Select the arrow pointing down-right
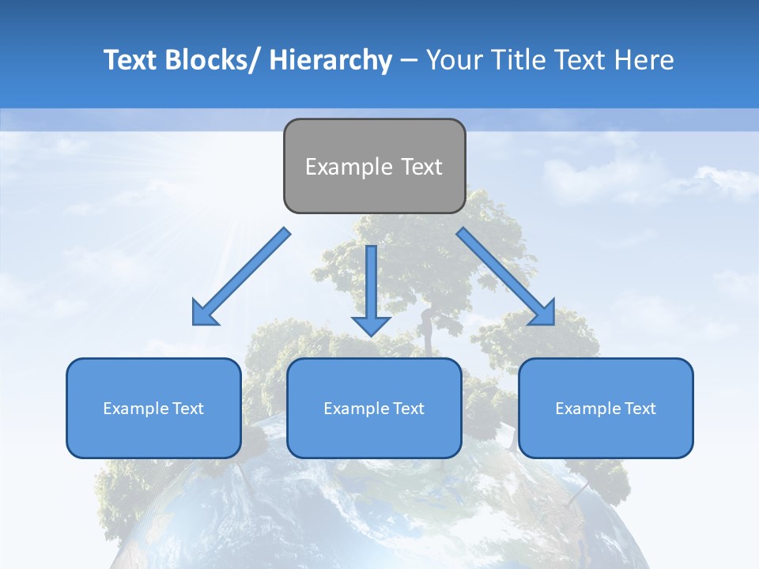[x=503, y=273]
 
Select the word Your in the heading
[x=454, y=60]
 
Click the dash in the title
[x=408, y=60]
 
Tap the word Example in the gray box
[x=348, y=167]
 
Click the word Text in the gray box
[x=421, y=167]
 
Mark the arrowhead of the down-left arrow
[x=204, y=312]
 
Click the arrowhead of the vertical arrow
[x=371, y=325]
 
